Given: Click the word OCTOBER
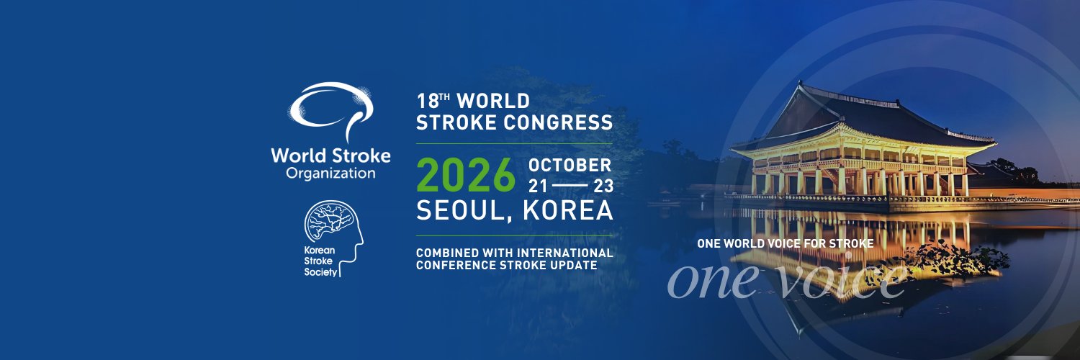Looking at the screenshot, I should (570, 165).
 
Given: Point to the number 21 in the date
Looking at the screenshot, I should (538, 186).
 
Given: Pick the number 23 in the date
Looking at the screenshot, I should (603, 186).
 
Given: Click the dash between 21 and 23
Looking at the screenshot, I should (570, 186).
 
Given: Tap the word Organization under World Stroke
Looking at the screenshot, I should (330, 174).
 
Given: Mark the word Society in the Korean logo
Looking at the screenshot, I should (320, 274).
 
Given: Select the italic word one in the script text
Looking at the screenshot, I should (710, 279).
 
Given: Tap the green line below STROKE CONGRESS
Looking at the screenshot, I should (515, 143).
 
